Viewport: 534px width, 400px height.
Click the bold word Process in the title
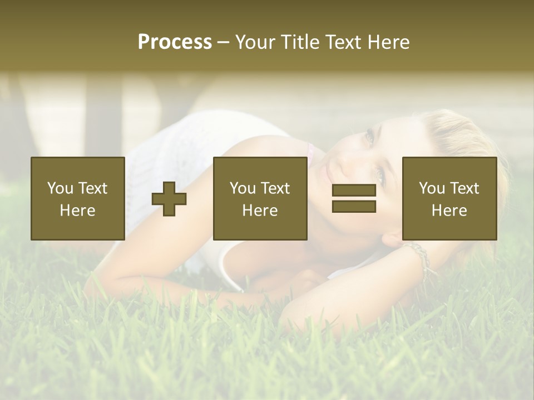(175, 42)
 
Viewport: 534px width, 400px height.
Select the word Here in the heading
(388, 42)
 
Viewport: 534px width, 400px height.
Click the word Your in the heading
(256, 42)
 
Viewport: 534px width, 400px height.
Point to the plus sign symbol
(169, 199)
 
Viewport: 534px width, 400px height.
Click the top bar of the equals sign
(354, 191)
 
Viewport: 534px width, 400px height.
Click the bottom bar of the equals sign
(354, 206)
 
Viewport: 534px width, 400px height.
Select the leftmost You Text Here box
(78, 198)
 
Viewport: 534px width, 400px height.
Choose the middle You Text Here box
(260, 198)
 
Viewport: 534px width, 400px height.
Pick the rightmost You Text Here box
(449, 198)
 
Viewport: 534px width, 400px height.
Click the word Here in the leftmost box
(77, 211)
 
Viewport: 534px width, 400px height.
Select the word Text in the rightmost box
(464, 188)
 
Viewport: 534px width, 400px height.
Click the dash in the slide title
(224, 42)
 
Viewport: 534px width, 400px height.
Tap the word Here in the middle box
(260, 211)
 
